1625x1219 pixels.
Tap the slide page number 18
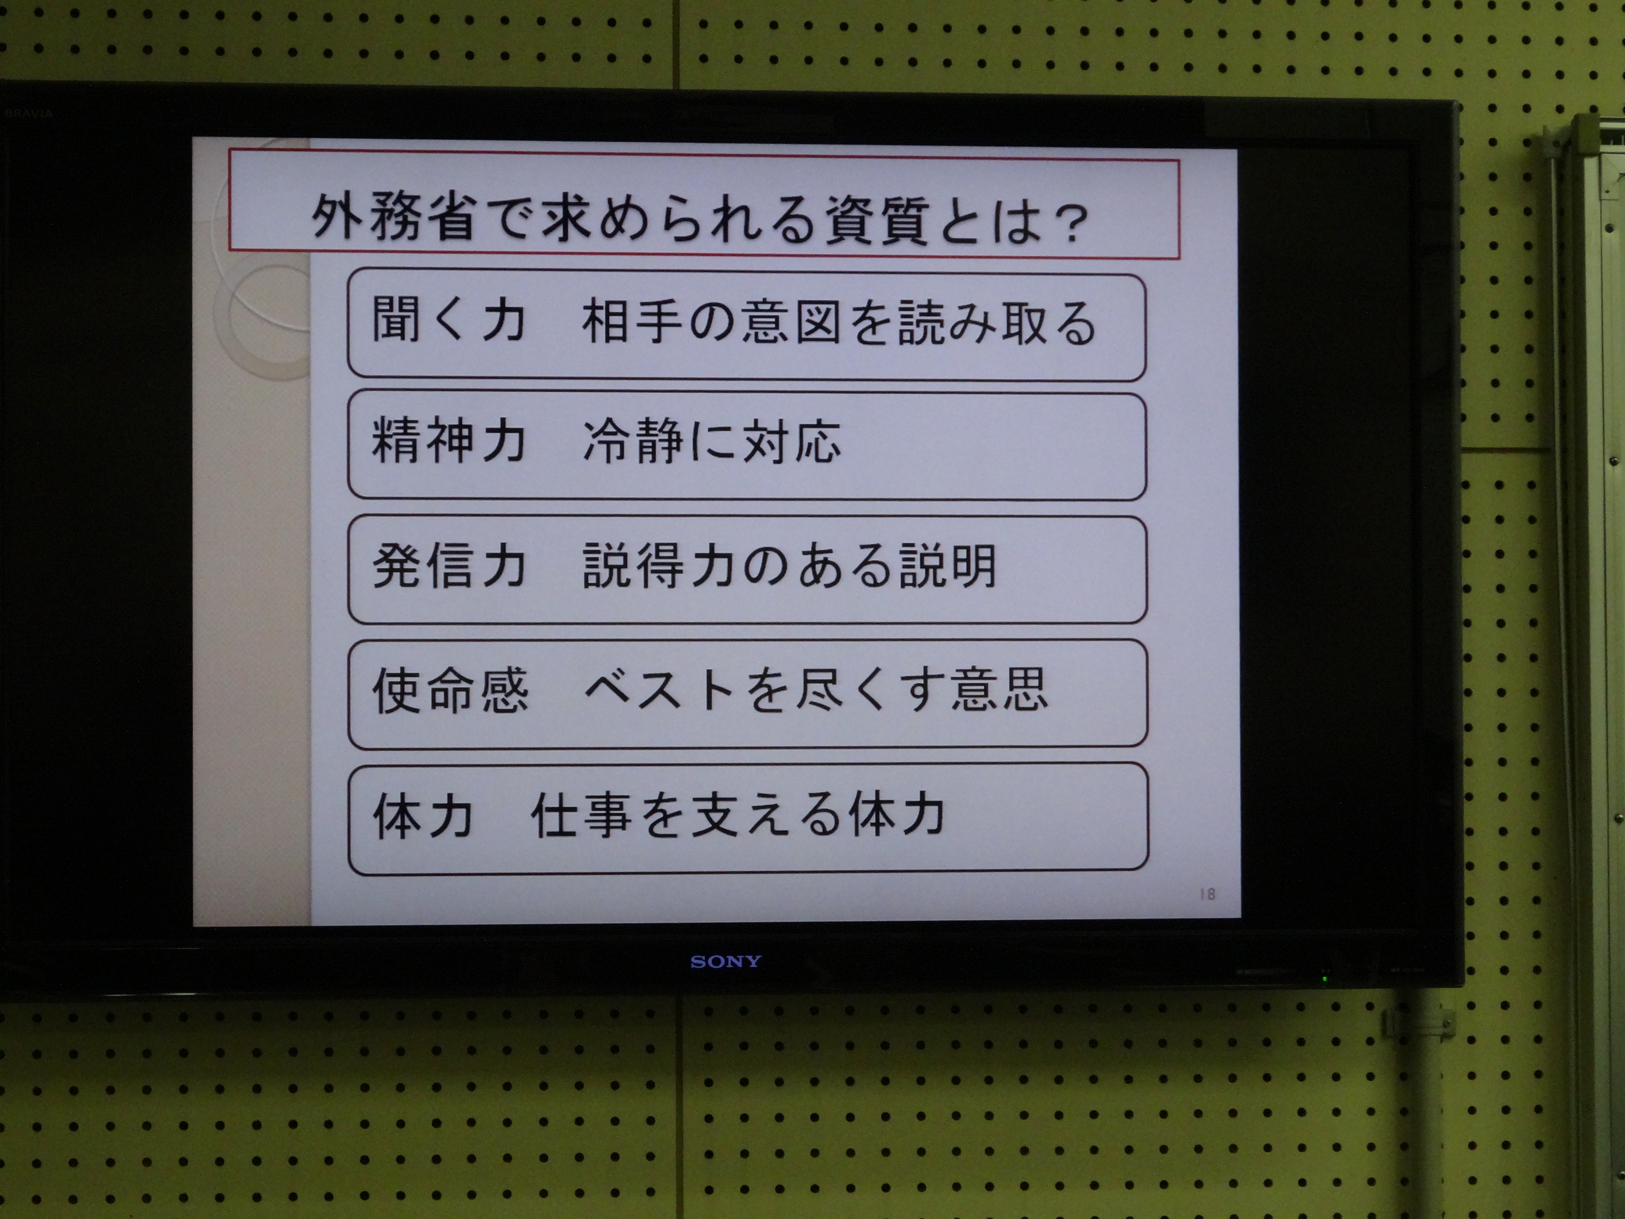(x=1207, y=893)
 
